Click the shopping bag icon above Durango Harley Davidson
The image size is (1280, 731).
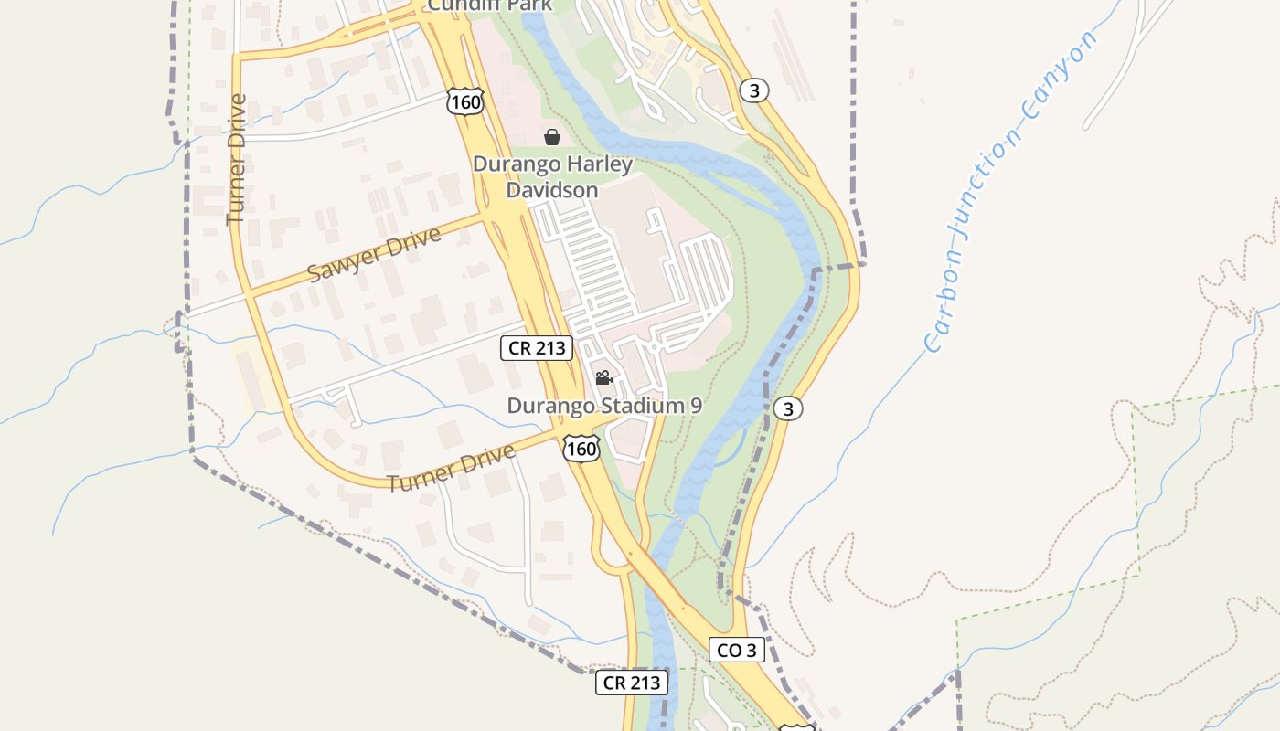pos(552,138)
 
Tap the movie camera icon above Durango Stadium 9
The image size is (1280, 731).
pos(603,377)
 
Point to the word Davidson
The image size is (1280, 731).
pos(552,190)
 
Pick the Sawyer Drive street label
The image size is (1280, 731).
pos(374,254)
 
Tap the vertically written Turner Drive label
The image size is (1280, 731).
pos(237,159)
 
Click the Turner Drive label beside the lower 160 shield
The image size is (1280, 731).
pos(451,469)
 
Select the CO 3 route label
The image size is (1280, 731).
pos(737,650)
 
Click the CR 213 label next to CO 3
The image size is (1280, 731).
pos(632,682)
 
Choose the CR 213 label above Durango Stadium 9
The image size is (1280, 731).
pos(537,347)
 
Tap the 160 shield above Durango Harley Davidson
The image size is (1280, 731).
pos(465,101)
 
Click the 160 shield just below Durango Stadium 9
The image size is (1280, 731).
pos(581,448)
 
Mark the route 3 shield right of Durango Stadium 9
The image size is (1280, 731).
pos(788,408)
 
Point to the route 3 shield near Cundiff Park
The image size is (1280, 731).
pos(753,90)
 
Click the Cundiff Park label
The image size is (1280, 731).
pos(490,5)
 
